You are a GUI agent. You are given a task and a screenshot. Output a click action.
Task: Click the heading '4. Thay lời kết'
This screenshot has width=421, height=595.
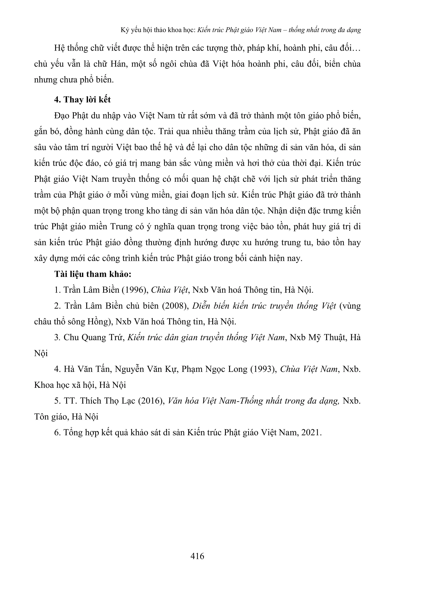[x=82, y=100]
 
